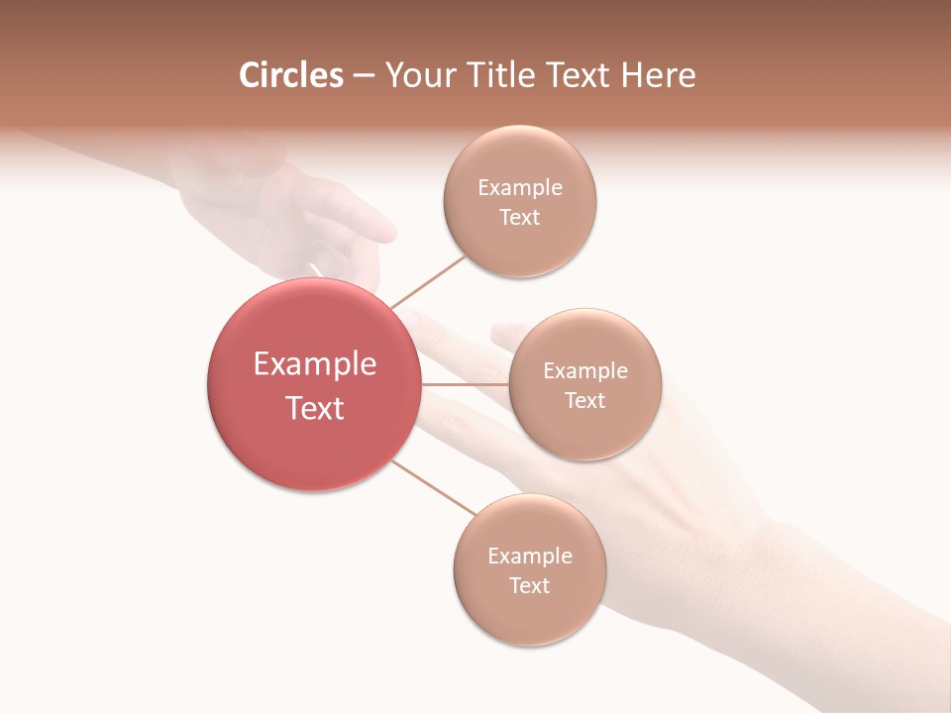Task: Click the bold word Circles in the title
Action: point(290,75)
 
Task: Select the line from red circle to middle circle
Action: point(465,384)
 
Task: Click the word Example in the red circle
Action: point(315,364)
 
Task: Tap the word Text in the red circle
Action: point(315,408)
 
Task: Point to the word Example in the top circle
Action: point(520,188)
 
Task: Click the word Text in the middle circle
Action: point(585,400)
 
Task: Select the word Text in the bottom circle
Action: point(529,585)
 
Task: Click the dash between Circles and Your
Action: point(364,76)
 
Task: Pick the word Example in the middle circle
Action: point(585,371)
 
